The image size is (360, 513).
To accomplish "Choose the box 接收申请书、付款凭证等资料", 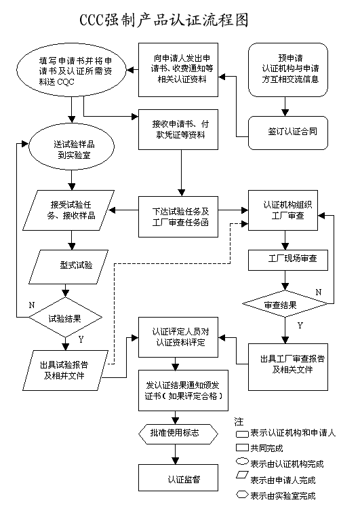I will (x=180, y=129).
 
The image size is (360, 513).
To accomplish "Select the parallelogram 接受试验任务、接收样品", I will (x=69, y=211).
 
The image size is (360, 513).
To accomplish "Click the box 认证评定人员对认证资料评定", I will (x=180, y=337).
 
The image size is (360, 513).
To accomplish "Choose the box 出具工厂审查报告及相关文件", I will (x=289, y=364).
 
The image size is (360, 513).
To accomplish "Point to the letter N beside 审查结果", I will (x=318, y=292).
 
